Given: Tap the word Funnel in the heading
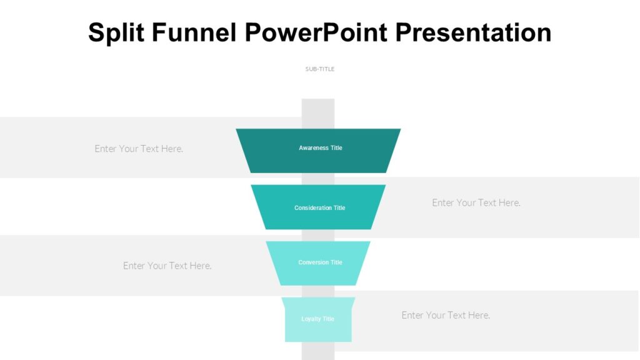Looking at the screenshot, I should coord(195,33).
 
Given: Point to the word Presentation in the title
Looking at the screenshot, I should coord(474,33).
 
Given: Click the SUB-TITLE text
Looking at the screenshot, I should coord(320,69).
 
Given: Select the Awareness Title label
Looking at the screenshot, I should coord(321,148).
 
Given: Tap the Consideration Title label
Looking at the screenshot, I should coord(320,208).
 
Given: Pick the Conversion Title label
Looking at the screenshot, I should coord(320,262).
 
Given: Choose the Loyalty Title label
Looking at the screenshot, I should coord(318,319).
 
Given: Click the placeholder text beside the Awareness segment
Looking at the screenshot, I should coord(139,149).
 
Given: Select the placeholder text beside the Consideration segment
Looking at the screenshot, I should coord(476,202).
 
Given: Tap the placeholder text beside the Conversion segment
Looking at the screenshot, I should coord(167,266).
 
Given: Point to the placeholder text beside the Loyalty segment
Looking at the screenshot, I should coord(446,315).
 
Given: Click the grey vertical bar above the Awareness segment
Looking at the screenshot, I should coord(318,113).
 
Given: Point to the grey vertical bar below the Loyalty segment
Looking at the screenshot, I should coord(318,351).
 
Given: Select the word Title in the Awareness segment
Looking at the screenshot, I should coord(336,148).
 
